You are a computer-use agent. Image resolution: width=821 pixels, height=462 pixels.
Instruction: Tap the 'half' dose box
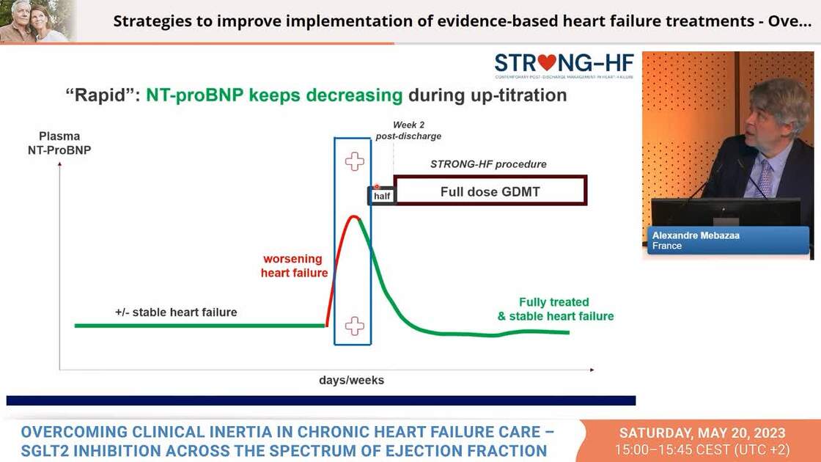click(381, 196)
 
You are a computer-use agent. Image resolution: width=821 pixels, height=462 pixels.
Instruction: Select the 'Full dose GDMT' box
click(490, 191)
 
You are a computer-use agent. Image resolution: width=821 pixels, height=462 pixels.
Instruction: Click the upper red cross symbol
click(355, 161)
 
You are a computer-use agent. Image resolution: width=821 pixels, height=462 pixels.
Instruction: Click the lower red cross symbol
click(355, 326)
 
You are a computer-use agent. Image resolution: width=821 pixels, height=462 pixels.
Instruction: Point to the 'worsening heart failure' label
click(292, 266)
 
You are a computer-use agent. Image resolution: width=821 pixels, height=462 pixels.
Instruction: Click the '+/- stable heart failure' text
click(176, 312)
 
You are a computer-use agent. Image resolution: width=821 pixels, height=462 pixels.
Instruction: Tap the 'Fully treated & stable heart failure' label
click(555, 309)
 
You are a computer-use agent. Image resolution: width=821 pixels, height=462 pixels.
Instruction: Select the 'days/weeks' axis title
click(351, 381)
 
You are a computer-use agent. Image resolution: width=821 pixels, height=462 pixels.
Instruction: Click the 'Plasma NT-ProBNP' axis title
click(60, 143)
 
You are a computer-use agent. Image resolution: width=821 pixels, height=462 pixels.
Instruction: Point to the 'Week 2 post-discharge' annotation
click(408, 131)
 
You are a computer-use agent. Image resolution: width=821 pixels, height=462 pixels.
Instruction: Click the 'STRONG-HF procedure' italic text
click(488, 164)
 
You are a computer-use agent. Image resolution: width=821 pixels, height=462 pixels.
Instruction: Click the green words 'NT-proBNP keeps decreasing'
click(274, 95)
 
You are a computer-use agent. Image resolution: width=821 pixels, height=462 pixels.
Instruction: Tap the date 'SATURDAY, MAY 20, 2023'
click(702, 433)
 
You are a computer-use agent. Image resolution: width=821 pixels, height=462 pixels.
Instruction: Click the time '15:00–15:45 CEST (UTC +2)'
click(702, 449)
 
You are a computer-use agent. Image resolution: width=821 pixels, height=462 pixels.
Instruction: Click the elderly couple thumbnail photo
click(37, 21)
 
